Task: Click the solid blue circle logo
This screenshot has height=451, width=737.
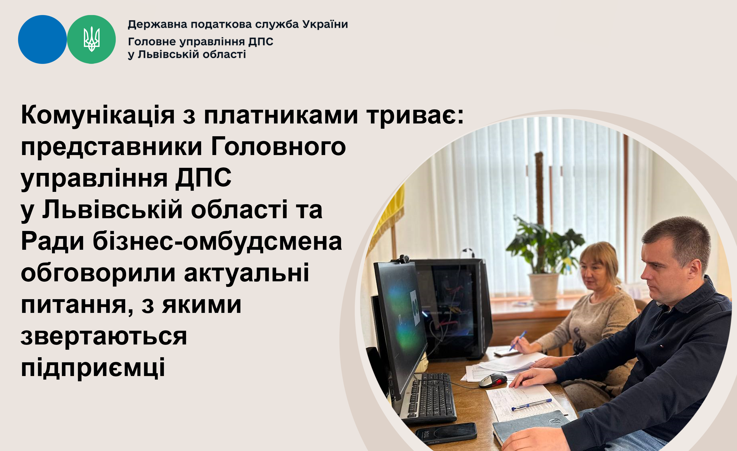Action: click(x=42, y=39)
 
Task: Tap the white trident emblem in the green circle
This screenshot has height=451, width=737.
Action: click(x=92, y=39)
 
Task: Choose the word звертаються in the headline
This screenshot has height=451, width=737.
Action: click(x=104, y=336)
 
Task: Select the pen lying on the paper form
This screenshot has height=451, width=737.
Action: click(x=531, y=404)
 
